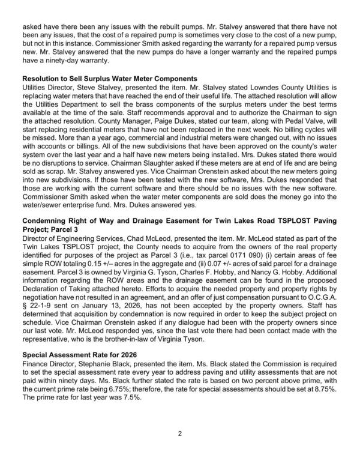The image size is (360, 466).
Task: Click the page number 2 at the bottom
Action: point(180,433)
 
